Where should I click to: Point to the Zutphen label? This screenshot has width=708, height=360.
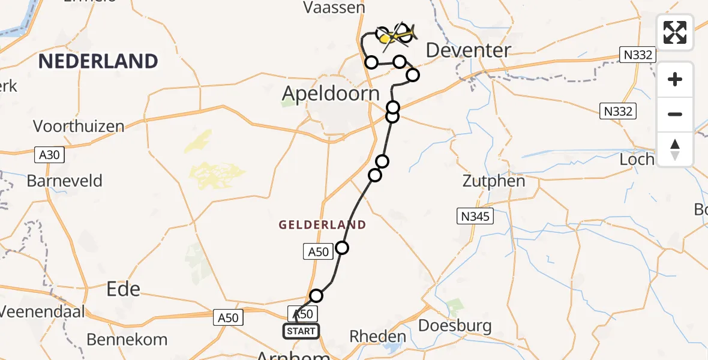[494, 181]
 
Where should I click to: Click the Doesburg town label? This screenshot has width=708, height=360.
[455, 326]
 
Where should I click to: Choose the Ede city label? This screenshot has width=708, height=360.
[123, 289]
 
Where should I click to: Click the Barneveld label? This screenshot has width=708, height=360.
[65, 181]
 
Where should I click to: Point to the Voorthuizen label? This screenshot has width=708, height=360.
[79, 127]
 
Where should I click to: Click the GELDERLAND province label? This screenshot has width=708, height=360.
[322, 225]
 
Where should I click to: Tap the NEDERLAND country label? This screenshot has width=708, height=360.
[99, 61]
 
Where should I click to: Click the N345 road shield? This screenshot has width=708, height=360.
[475, 217]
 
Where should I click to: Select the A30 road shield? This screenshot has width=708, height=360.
[48, 155]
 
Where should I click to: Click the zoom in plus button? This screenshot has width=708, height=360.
[675, 79]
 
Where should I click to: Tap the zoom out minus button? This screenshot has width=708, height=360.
[675, 114]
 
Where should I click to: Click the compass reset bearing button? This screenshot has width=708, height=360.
[675, 149]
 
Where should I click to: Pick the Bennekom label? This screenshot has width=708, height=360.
[127, 340]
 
